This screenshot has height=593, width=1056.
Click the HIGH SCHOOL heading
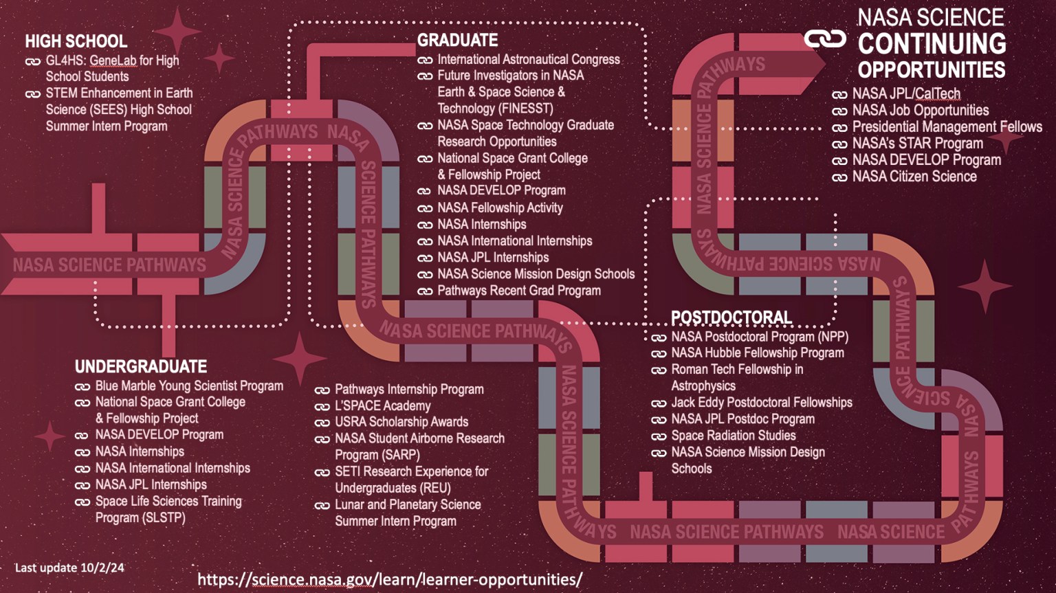click(x=76, y=41)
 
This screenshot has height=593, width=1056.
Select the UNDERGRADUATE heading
click(x=141, y=366)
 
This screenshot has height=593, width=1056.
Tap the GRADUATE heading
click(x=457, y=41)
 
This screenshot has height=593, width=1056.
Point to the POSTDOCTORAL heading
click(x=731, y=317)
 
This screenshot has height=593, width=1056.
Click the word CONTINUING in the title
click(x=932, y=44)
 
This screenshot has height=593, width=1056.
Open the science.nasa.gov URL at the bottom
click(x=389, y=579)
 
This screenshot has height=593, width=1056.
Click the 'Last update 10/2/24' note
click(x=69, y=568)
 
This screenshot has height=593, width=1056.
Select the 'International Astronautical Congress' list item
click(x=528, y=60)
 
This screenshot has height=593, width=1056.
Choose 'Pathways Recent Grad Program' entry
click(x=518, y=291)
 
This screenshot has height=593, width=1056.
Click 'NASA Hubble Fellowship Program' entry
click(x=757, y=353)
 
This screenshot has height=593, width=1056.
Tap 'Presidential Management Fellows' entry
click(x=947, y=127)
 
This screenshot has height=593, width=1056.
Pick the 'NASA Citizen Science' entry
click(x=914, y=177)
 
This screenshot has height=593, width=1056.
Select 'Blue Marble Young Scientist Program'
click(x=188, y=386)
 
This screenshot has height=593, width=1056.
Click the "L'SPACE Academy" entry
click(x=382, y=406)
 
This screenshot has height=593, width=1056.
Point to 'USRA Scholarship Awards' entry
click(x=401, y=422)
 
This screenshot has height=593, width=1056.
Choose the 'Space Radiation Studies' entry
click(x=733, y=436)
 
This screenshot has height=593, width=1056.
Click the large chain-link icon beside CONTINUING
click(x=825, y=39)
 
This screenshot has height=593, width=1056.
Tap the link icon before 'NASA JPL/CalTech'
click(x=839, y=95)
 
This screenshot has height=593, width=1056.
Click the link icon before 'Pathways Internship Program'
click(x=322, y=390)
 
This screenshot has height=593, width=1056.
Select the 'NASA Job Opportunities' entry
click(x=920, y=111)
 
